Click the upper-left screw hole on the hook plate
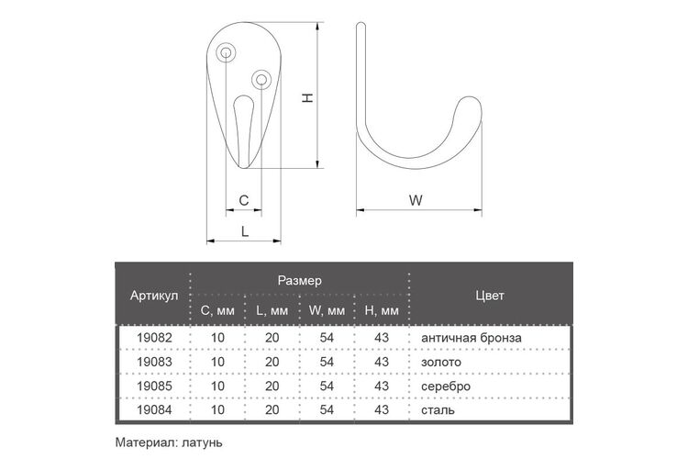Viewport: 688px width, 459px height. coord(226,52)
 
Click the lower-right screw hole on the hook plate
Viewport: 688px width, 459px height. coord(261,80)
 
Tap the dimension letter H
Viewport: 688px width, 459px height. coord(307,97)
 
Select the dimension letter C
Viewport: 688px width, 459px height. coord(244,201)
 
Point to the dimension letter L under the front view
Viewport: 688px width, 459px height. coord(245,231)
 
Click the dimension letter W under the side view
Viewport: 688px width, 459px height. coord(416,200)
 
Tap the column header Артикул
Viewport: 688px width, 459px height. coord(154,296)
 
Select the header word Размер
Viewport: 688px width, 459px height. coord(300,281)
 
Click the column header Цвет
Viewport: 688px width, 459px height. coord(490,296)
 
